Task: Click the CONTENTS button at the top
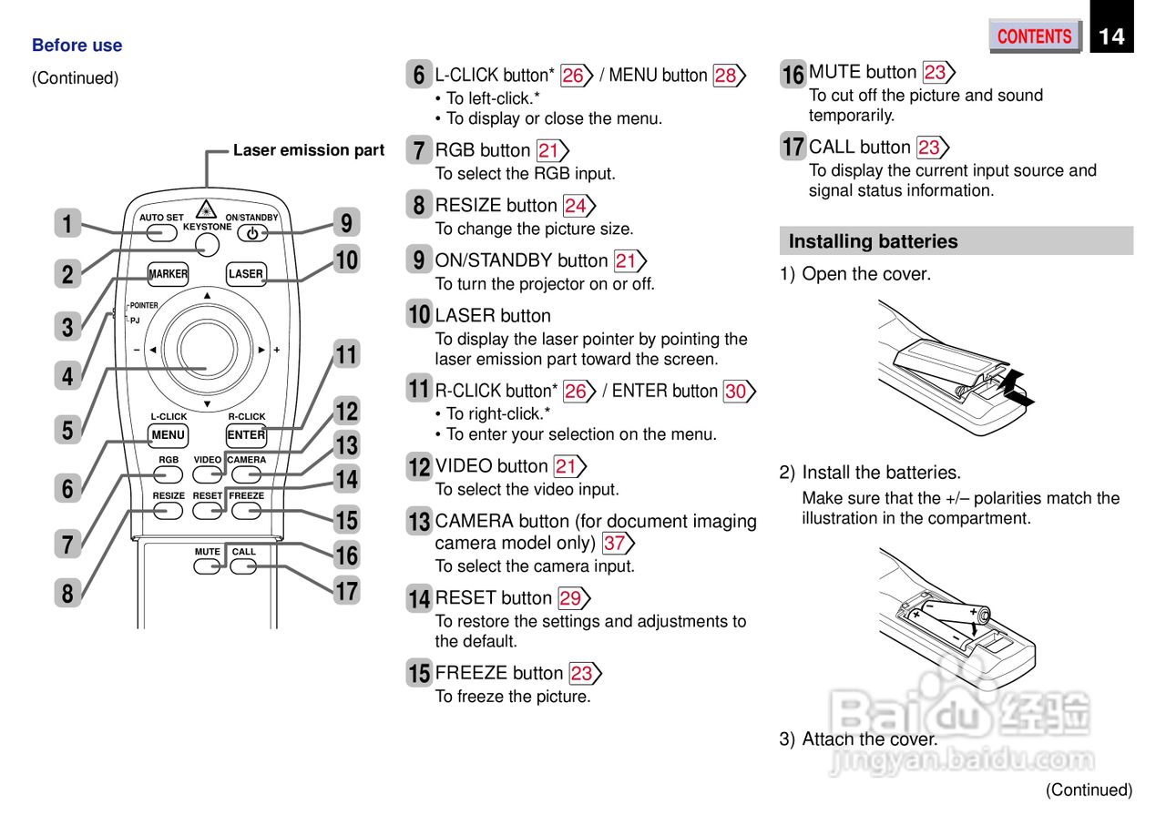point(1034,36)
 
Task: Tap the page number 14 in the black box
point(1111,36)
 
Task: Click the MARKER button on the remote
point(168,273)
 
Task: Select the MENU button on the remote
point(168,435)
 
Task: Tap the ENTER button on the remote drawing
point(246,435)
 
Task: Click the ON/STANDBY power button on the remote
point(252,233)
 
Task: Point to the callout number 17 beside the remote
point(346,591)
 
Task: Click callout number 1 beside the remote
point(67,223)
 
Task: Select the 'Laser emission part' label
point(308,150)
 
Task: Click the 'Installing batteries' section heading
point(873,241)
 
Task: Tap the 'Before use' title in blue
point(77,46)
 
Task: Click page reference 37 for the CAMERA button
point(615,544)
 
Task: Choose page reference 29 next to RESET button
point(571,598)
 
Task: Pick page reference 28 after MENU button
point(726,76)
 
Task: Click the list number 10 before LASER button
point(419,315)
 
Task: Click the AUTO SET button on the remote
point(161,232)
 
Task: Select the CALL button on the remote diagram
point(243,565)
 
